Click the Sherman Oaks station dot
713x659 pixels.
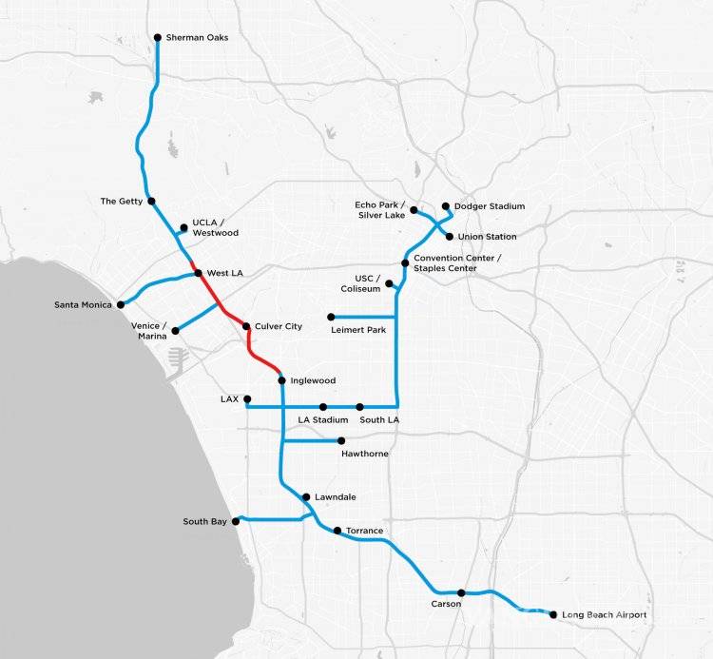pyautogui.click(x=158, y=38)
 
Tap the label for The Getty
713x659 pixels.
pyautogui.click(x=122, y=202)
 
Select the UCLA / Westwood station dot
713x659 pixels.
pyautogui.click(x=183, y=227)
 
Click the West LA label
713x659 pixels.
pyautogui.click(x=224, y=274)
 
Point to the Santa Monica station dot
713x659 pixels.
pyautogui.click(x=121, y=305)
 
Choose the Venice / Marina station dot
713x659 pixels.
pyautogui.click(x=176, y=331)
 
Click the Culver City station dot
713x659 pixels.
pyautogui.click(x=246, y=327)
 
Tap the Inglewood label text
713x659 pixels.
pyautogui.click(x=315, y=381)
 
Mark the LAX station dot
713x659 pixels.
pyautogui.click(x=247, y=399)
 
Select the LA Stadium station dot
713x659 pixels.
pyautogui.click(x=323, y=407)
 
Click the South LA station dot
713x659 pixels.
pyautogui.click(x=360, y=407)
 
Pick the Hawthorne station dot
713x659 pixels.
pyautogui.click(x=341, y=440)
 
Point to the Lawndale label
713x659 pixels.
pyautogui.click(x=336, y=497)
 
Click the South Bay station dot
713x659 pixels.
pyautogui.click(x=236, y=521)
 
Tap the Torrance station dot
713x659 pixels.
pyautogui.click(x=337, y=531)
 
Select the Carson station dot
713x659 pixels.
pyautogui.click(x=460, y=592)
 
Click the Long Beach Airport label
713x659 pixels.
pyautogui.click(x=605, y=615)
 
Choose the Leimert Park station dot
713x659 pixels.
pyautogui.click(x=331, y=317)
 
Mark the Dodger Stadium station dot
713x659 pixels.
pyautogui.click(x=445, y=205)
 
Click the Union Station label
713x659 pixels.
pyautogui.click(x=487, y=237)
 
